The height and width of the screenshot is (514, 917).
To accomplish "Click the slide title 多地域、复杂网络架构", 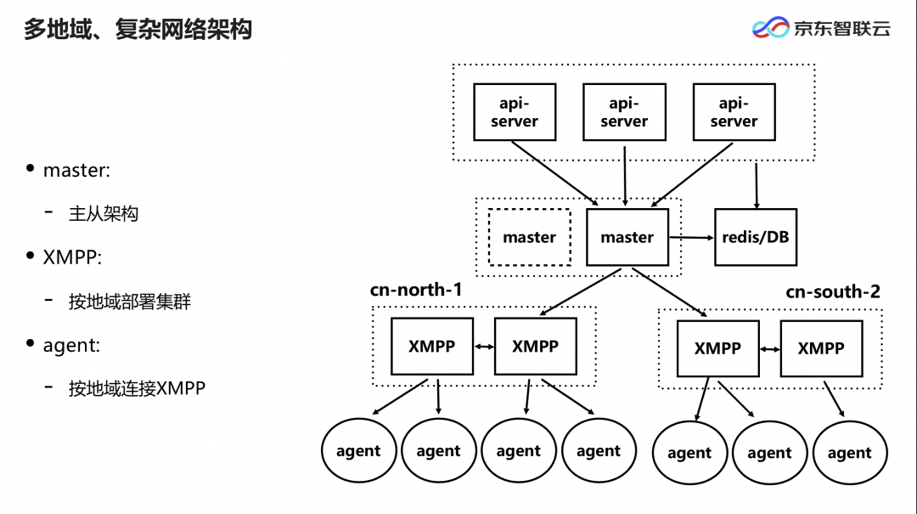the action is point(138,29).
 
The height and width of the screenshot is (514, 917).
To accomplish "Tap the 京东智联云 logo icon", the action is point(770,27).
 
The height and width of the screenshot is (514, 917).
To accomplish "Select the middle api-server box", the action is point(624,112).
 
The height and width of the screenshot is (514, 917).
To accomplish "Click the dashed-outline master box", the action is point(529,237).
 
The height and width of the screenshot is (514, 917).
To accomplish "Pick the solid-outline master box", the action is point(627,237).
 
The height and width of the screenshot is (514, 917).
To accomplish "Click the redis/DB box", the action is point(756,237).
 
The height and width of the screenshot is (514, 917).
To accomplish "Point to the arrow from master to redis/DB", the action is point(691,237).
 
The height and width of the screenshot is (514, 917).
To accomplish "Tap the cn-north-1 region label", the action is point(416,289).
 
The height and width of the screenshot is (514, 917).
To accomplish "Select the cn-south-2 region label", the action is point(833,291).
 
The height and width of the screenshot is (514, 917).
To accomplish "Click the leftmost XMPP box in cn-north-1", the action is point(431,347).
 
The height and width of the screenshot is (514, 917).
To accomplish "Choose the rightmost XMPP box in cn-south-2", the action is point(821,348).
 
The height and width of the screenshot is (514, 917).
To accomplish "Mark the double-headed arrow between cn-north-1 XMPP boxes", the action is point(484,347).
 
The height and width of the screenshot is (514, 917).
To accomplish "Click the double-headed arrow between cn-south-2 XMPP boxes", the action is point(769,349).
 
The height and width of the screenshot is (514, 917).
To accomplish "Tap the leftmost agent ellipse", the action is point(358,450).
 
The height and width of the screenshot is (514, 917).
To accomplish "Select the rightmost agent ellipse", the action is point(850,453).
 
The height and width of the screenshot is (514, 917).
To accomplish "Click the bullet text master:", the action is point(76,170).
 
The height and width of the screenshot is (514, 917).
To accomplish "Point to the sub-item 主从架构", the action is point(104,214).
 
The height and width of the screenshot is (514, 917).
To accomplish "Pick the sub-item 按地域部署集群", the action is point(130,302).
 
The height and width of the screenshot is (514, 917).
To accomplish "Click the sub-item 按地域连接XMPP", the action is point(137,388).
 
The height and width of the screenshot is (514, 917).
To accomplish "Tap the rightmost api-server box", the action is point(734,112).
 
